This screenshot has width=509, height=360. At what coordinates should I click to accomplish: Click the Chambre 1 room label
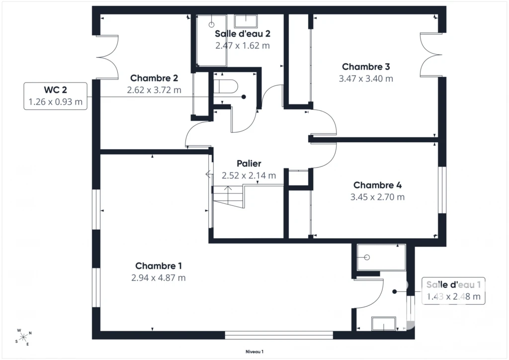[159, 266]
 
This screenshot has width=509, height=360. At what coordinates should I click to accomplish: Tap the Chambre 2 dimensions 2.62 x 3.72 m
[154, 90]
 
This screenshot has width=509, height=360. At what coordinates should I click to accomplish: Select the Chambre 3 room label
[366, 67]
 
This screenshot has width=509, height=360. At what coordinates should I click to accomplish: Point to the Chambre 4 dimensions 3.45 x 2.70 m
[377, 197]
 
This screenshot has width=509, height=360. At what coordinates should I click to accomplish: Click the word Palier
[249, 163]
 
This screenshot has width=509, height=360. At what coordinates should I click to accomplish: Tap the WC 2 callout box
[56, 96]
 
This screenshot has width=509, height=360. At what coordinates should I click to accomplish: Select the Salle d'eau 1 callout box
[453, 291]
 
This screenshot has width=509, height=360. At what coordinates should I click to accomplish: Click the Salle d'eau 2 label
[243, 33]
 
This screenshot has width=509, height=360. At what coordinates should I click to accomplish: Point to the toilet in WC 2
[226, 87]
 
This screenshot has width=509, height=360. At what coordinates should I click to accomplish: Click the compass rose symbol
[23, 338]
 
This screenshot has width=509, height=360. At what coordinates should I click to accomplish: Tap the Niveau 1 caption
[254, 352]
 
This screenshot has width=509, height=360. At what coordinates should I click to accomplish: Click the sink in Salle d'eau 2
[246, 21]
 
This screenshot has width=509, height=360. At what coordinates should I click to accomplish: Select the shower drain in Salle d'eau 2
[211, 25]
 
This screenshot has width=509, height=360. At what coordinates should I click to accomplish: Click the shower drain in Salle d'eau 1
[367, 258]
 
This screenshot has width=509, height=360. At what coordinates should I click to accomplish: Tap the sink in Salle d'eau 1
[384, 324]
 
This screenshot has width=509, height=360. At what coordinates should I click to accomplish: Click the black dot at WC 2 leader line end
[244, 97]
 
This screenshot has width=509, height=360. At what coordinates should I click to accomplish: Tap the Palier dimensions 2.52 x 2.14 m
[249, 176]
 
